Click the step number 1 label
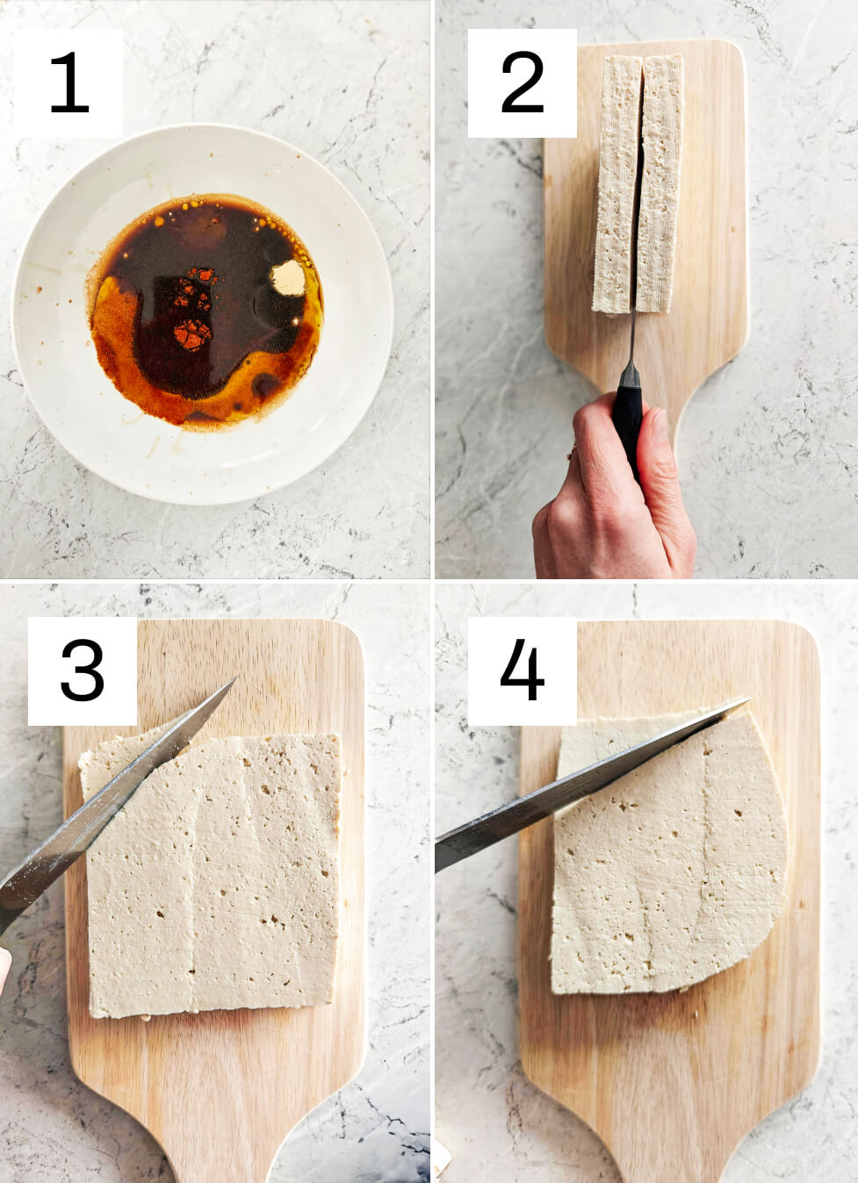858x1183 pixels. coord(69,82)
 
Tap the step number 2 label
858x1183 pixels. coord(522,82)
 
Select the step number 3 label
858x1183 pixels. coord(83,670)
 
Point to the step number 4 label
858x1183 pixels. coord(522,670)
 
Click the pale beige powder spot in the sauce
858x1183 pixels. coord(288,278)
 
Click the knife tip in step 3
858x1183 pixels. coord(234,679)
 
